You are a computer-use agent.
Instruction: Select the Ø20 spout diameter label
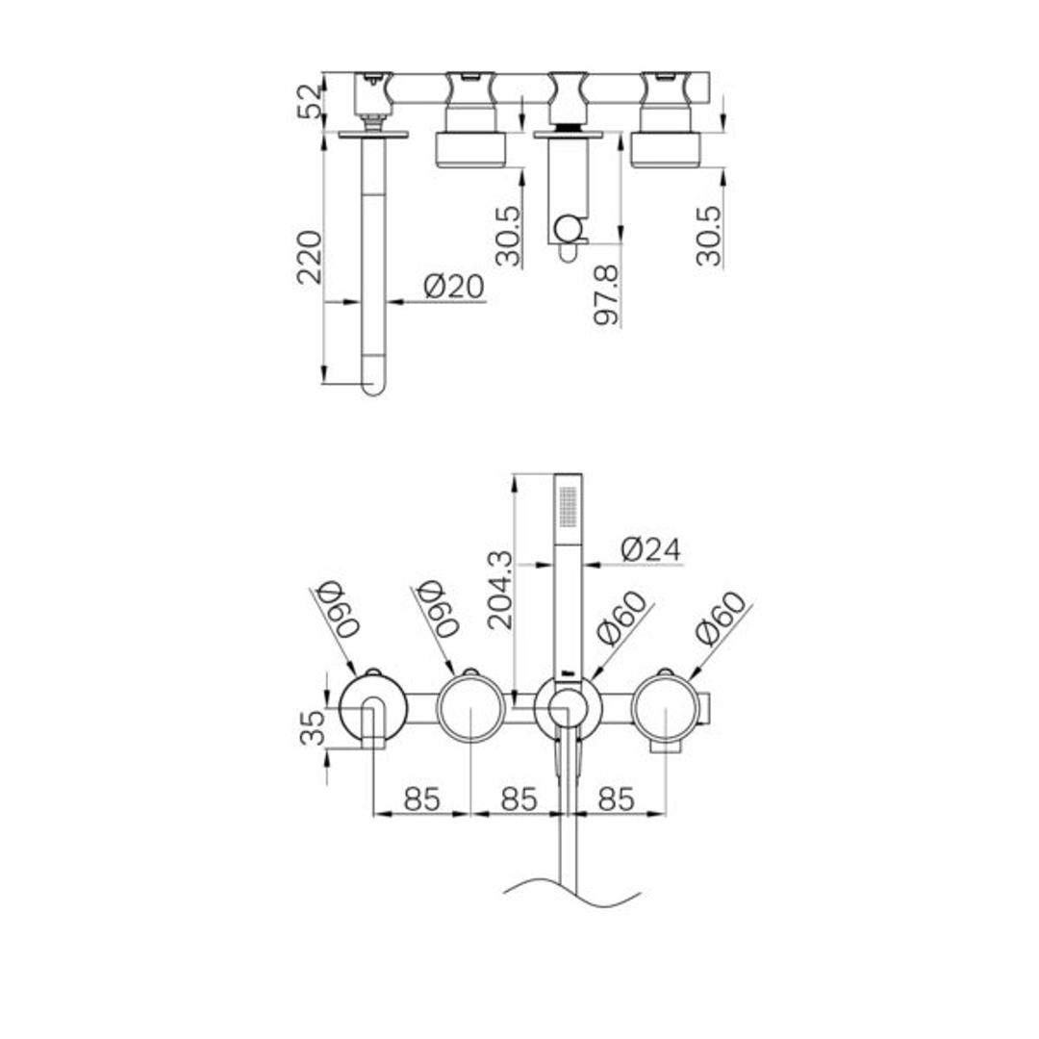pos(453,287)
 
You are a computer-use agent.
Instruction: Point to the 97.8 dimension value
pos(606,295)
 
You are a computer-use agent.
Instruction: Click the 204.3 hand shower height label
pos(500,590)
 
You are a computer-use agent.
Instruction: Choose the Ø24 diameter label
pos(650,549)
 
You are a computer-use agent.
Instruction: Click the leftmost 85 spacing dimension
pos(421,798)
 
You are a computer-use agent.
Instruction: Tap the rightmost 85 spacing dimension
pos(617,798)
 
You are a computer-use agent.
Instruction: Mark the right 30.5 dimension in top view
pos(709,236)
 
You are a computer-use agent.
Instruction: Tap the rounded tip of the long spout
pos(372,388)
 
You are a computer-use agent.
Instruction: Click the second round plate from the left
pos(470,708)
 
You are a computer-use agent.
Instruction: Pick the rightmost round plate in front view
pos(666,708)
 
